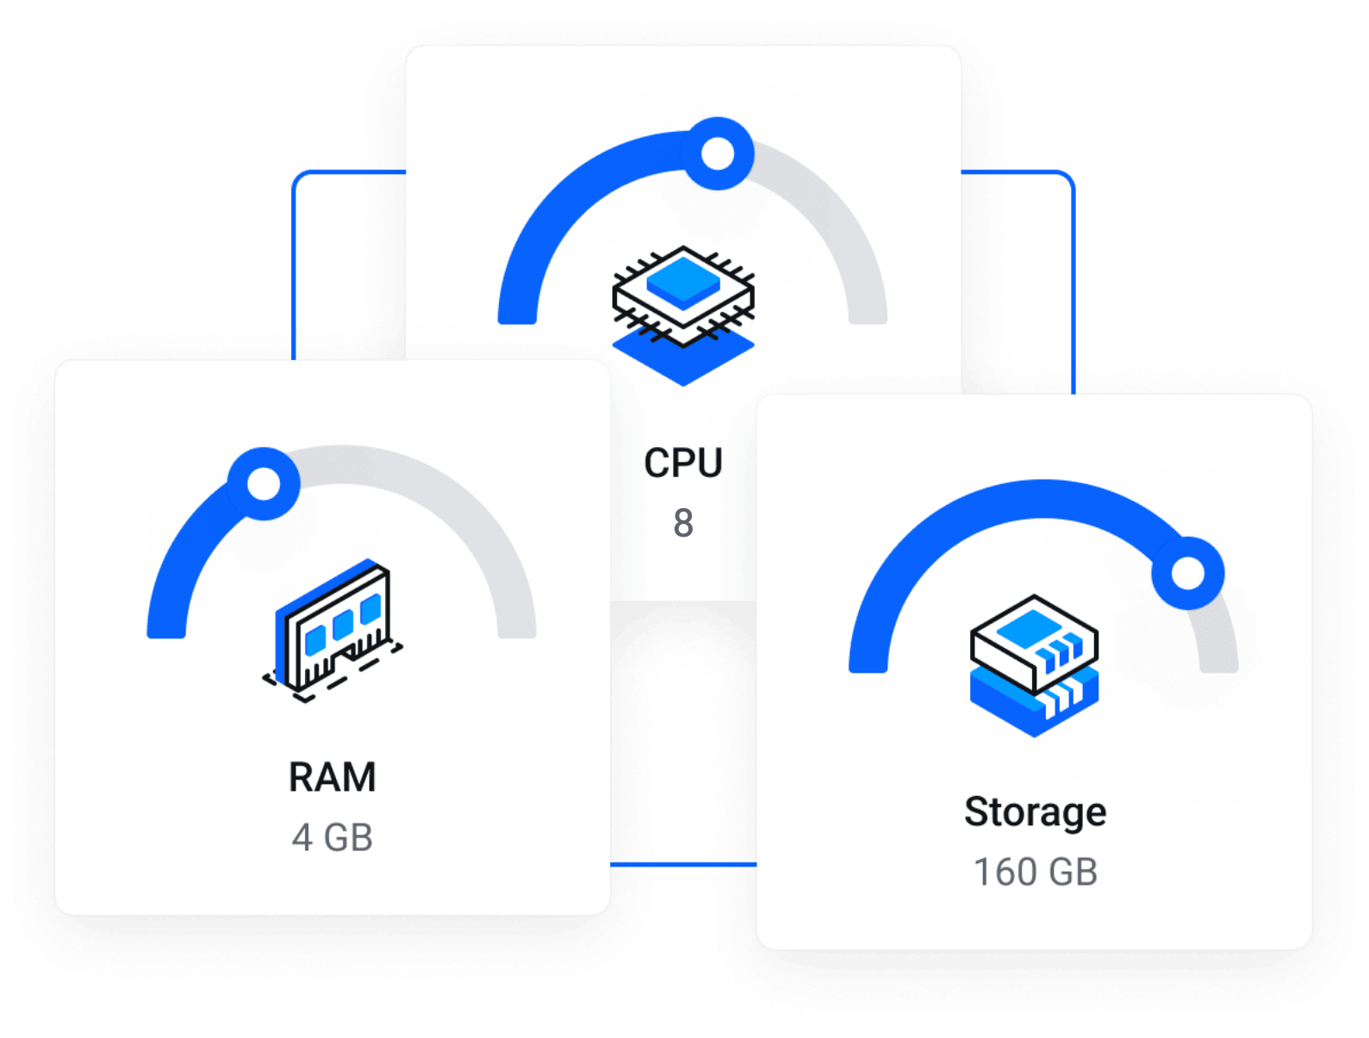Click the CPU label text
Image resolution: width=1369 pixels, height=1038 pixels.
pyautogui.click(x=683, y=463)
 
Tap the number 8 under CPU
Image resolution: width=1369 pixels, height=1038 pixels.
pyautogui.click(x=683, y=523)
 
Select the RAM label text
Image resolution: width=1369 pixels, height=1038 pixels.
pyautogui.click(x=333, y=777)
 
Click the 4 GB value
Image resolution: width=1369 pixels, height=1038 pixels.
pyautogui.click(x=333, y=837)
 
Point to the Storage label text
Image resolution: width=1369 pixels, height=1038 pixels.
pyautogui.click(x=1035, y=811)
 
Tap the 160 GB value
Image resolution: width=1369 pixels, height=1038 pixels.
pyautogui.click(x=1035, y=872)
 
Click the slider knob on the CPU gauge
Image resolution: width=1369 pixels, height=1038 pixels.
pyautogui.click(x=717, y=154)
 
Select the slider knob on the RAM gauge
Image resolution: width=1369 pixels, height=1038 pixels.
pyautogui.click(x=264, y=483)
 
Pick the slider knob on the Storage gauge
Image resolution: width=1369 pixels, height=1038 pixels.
pyautogui.click(x=1188, y=573)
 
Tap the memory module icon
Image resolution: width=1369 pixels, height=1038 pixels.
pyautogui.click(x=334, y=629)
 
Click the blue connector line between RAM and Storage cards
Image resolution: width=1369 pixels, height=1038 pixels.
pyautogui.click(x=682, y=863)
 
